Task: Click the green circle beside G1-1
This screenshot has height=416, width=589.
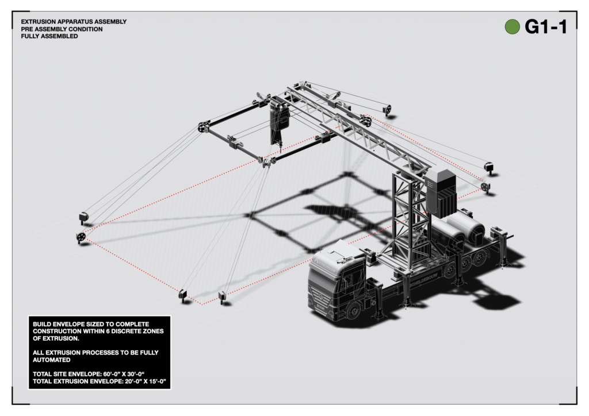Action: [512, 26]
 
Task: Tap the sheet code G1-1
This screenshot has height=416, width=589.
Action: [545, 26]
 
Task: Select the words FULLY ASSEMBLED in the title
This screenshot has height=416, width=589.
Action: [49, 36]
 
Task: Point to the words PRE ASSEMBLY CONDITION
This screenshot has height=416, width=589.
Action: [62, 29]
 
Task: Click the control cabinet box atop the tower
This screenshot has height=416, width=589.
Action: [442, 191]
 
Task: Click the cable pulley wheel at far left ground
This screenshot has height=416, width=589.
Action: [80, 237]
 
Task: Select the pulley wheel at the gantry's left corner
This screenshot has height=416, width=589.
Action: [202, 128]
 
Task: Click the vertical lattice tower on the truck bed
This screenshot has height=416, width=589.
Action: [411, 218]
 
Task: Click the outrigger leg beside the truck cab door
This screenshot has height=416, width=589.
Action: [378, 299]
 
